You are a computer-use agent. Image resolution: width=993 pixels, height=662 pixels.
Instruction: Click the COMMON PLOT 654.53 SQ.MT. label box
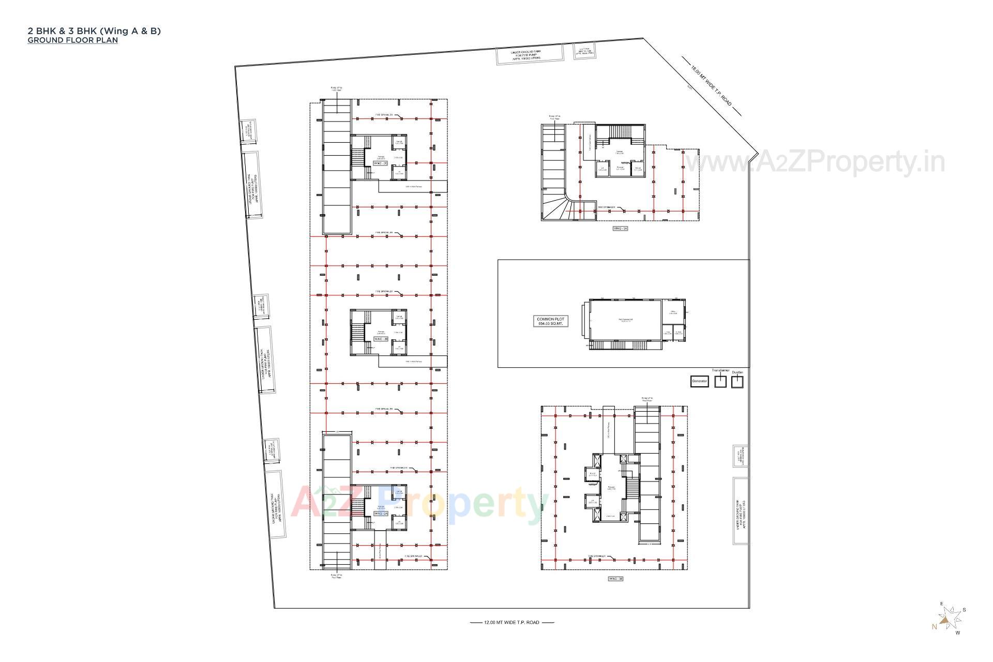pos(551,321)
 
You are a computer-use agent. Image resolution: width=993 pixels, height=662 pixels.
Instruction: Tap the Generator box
pos(699,381)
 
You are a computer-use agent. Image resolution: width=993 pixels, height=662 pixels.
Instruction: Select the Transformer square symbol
pos(720,382)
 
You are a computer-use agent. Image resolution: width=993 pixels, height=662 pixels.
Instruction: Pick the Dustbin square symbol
pos(737,382)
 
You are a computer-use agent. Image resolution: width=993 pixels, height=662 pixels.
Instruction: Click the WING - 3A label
pos(620,228)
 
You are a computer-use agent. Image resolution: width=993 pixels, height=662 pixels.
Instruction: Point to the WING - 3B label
pos(615,579)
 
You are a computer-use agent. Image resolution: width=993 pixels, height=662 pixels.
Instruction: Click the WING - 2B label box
pos(381,339)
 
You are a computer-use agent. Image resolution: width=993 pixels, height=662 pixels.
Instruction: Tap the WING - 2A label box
pos(381,514)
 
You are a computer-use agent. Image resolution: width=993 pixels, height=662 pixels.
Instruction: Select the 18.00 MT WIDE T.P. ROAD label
pos(712,86)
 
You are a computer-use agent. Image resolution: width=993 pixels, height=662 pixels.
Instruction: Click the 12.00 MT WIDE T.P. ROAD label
pos(511,622)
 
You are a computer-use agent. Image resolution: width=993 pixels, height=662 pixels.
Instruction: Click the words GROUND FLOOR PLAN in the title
pos(72,40)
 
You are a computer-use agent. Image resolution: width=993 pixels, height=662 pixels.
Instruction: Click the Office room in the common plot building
pos(673,311)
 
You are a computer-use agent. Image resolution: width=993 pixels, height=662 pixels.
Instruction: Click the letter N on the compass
pos(934,627)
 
